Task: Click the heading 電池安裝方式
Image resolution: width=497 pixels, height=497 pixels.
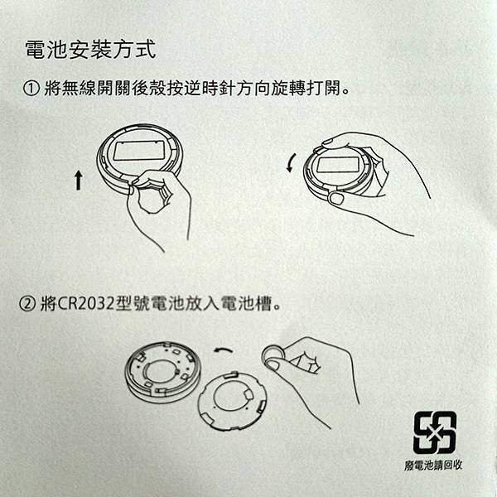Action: coord(90,50)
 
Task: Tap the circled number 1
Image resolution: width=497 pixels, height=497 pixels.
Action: coord(31,88)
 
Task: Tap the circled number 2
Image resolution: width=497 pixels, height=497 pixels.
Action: coord(27,304)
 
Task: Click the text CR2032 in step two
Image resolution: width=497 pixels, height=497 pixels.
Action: coord(85,304)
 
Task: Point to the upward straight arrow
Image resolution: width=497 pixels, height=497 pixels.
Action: coord(79,180)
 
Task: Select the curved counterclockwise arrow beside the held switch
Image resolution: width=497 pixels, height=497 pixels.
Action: coord(291,163)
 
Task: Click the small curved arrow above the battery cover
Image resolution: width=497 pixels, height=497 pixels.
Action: coord(223,350)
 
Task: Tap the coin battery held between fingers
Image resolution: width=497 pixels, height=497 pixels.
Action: coord(273,355)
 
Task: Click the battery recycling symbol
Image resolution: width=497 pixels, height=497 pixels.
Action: coord(435,432)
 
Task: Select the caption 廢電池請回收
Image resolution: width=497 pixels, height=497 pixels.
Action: coord(433,465)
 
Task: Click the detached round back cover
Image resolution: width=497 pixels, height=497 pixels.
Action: coord(232,401)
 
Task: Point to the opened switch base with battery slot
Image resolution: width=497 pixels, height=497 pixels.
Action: coord(162,372)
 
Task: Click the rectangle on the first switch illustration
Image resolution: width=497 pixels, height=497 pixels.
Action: coord(139,150)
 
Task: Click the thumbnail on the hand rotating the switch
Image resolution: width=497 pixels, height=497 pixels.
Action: coord(336,199)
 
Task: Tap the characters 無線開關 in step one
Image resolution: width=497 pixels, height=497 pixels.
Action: coord(95,88)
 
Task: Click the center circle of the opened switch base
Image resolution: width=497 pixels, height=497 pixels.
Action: coord(161,371)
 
